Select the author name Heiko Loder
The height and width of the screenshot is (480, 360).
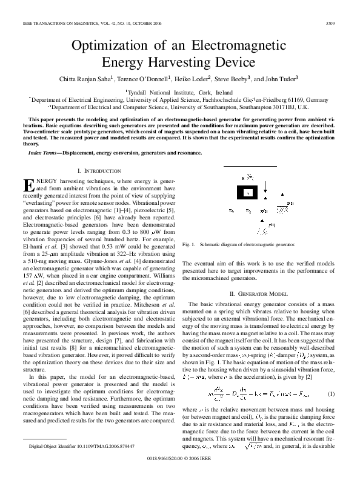[193, 78]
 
